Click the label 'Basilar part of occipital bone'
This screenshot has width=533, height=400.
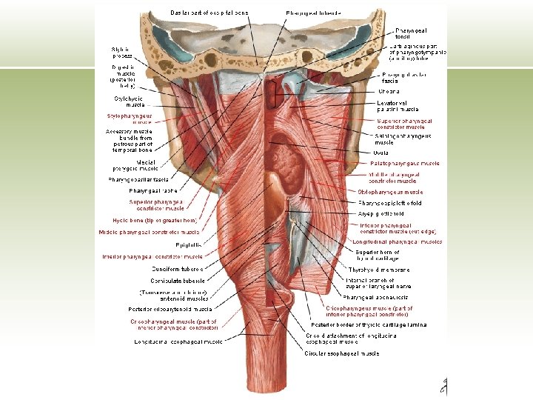210,13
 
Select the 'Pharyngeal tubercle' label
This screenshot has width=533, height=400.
315,13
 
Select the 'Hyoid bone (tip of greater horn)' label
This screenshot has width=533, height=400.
155,220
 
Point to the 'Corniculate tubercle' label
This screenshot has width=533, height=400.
178,281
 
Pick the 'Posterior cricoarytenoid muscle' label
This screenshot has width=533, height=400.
171,309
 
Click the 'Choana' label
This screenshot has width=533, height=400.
389,90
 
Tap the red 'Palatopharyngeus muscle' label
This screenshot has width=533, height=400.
406,163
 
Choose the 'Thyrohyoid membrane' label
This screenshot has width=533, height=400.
379,270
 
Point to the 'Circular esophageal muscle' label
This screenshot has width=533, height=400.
342,353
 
